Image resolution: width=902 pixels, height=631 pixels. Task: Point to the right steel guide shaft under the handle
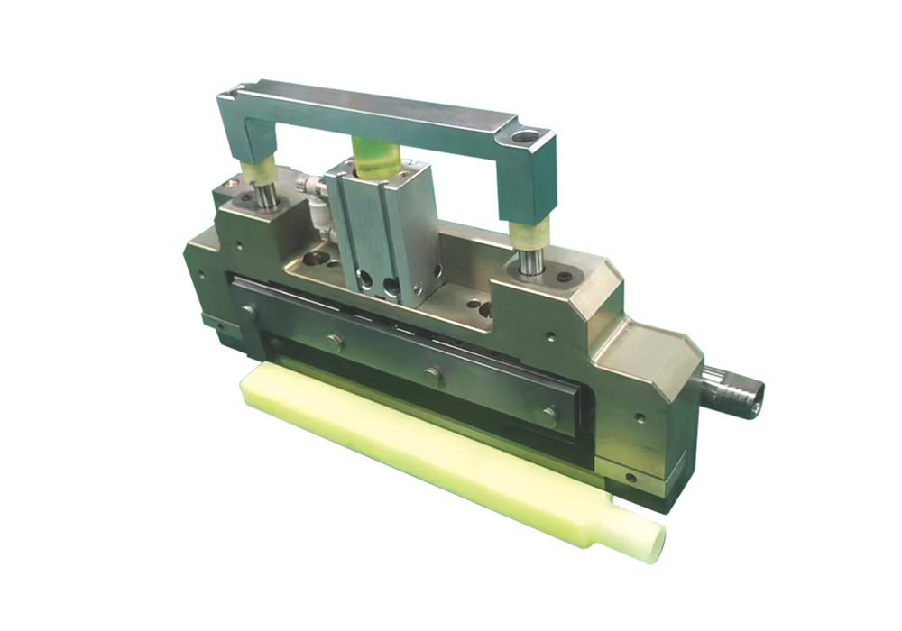pos(531,261)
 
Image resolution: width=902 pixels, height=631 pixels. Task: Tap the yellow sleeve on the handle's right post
pos(529,233)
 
